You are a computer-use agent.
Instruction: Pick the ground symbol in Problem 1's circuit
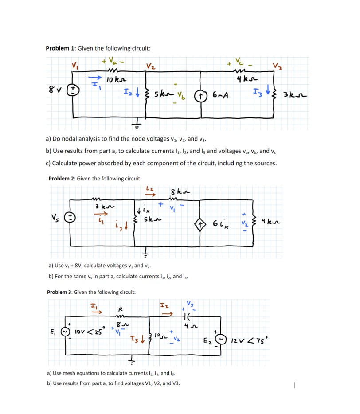pos(138,124)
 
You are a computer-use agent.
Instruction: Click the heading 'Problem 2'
pos(60,179)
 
